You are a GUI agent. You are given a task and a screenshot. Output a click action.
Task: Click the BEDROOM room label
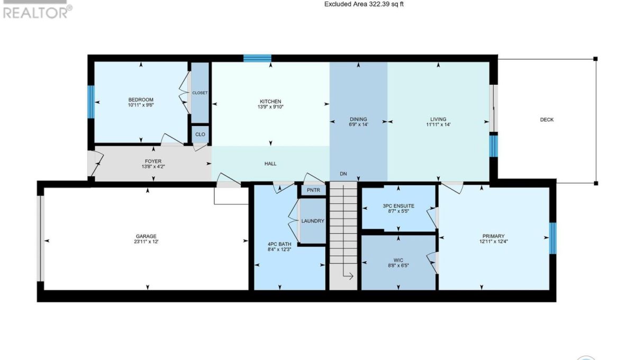pyautogui.click(x=141, y=100)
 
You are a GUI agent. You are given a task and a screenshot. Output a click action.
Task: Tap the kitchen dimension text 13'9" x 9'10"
pyautogui.click(x=270, y=107)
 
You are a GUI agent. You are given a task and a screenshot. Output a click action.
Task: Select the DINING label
pyautogui.click(x=358, y=119)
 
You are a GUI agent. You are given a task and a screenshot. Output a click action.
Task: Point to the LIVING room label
pyautogui.click(x=438, y=119)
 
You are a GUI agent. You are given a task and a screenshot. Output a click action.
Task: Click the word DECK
pyautogui.click(x=547, y=120)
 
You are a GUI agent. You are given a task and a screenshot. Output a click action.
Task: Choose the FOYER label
pyautogui.click(x=153, y=161)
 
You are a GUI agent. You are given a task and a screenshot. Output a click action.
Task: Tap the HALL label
pyautogui.click(x=270, y=164)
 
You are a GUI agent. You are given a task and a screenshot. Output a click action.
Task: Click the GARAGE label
pyautogui.click(x=146, y=236)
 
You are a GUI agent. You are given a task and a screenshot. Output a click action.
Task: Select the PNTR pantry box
pyautogui.click(x=313, y=190)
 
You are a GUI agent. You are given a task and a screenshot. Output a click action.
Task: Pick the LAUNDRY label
pyautogui.click(x=313, y=221)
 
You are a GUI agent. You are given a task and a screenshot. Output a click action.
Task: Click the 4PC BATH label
pyautogui.click(x=279, y=244)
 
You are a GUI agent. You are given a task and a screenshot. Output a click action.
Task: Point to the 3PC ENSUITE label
pyautogui.click(x=398, y=206)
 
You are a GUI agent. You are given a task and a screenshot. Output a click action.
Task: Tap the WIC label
pyautogui.click(x=398, y=260)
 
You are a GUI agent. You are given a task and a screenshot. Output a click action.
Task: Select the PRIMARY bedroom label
pyautogui.click(x=494, y=236)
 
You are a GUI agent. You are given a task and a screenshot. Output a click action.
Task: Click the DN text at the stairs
pyautogui.click(x=343, y=174)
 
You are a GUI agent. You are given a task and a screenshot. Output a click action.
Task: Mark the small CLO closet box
pyautogui.click(x=200, y=134)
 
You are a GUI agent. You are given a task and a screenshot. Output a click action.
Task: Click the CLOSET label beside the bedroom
pyautogui.click(x=200, y=93)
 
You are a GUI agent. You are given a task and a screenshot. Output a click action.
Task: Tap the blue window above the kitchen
pyautogui.click(x=257, y=58)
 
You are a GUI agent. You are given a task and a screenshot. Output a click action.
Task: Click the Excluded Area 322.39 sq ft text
pyautogui.click(x=364, y=4)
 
